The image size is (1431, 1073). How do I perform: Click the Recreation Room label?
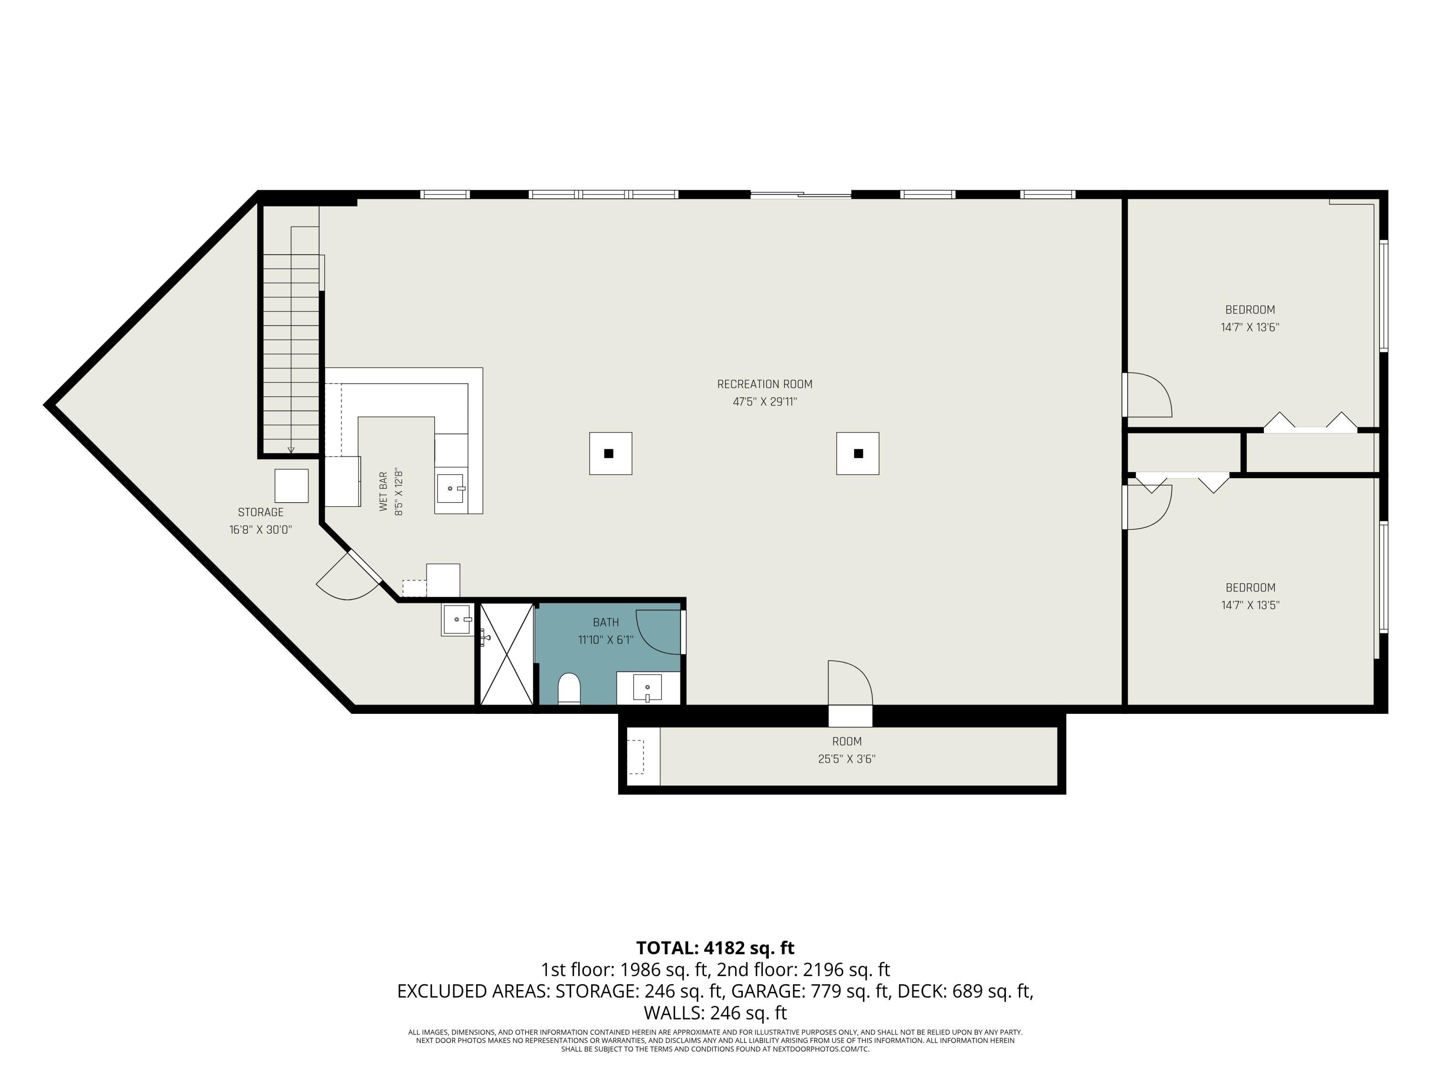click(x=764, y=384)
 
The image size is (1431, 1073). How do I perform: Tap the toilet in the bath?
click(x=569, y=688)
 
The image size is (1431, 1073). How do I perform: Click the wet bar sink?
click(x=451, y=488)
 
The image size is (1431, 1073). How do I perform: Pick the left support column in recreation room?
click(x=610, y=454)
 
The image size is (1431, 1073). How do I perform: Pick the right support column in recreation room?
click(x=858, y=454)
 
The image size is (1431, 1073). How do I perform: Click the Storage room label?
click(x=261, y=512)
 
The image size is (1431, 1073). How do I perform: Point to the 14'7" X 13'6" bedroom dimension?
click(x=1250, y=327)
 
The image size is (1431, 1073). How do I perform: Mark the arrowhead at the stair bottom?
click(x=291, y=450)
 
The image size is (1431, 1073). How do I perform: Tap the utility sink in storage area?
click(x=457, y=619)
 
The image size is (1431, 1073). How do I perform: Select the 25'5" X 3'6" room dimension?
click(x=847, y=759)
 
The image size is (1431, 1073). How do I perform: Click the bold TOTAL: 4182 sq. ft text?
click(x=715, y=948)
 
